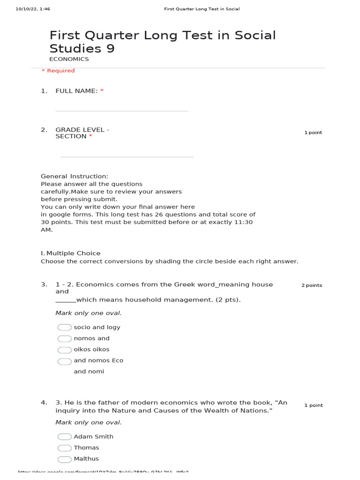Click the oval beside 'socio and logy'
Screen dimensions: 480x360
pyautogui.click(x=65, y=327)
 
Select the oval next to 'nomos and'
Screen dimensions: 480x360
pyautogui.click(x=65, y=338)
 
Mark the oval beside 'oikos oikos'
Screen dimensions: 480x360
pyautogui.click(x=65, y=350)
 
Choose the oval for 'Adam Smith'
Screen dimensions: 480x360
pyautogui.click(x=65, y=436)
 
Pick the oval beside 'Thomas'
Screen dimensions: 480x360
pyautogui.click(x=65, y=448)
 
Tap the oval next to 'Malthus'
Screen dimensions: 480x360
pyautogui.click(x=65, y=459)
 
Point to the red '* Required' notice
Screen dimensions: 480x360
pyautogui.click(x=58, y=71)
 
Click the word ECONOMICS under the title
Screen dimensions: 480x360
pyautogui.click(x=69, y=60)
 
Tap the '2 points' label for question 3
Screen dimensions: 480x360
pyautogui.click(x=312, y=285)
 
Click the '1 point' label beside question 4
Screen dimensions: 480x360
pyautogui.click(x=313, y=405)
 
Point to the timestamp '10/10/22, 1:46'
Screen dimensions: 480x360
pyautogui.click(x=33, y=9)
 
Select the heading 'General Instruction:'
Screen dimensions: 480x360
pyautogui.click(x=75, y=176)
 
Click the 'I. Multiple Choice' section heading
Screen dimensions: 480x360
pyautogui.click(x=71, y=253)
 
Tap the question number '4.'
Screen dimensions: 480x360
pyautogui.click(x=44, y=403)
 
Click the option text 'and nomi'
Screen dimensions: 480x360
pyautogui.click(x=89, y=371)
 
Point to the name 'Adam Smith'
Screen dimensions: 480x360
pyautogui.click(x=94, y=436)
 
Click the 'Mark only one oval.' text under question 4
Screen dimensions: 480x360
pyautogui.click(x=89, y=422)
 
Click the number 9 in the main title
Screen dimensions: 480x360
pyautogui.click(x=110, y=49)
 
